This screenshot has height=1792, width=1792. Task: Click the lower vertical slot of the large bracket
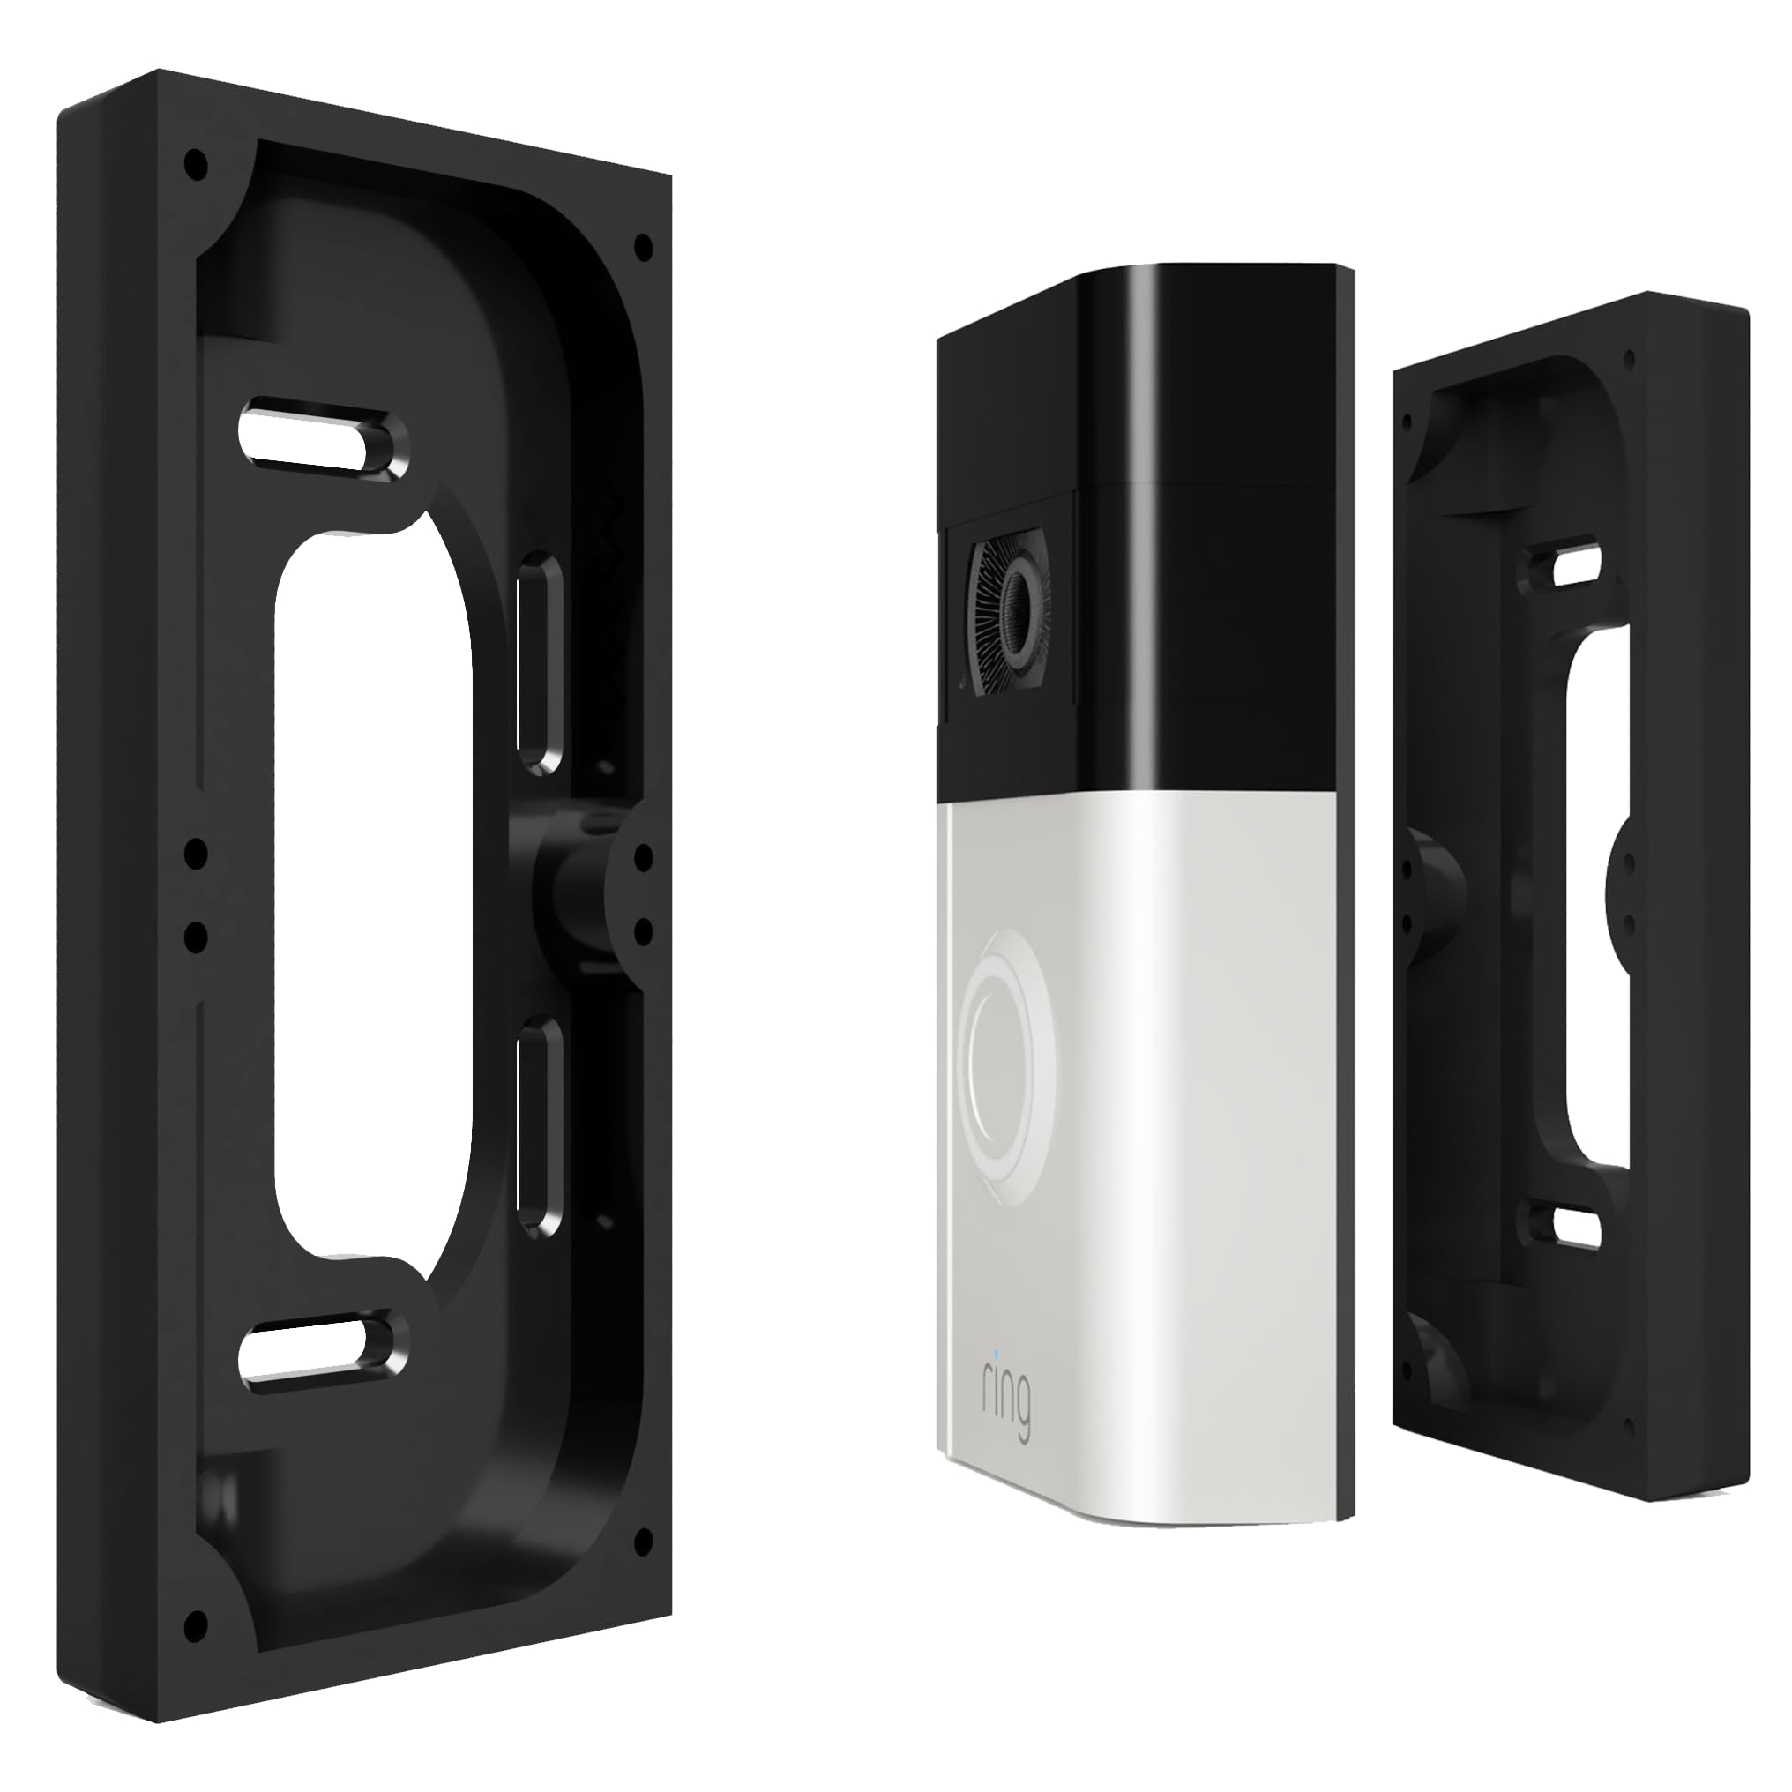pos(536,1127)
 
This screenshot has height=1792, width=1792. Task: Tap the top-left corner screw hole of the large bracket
pos(194,165)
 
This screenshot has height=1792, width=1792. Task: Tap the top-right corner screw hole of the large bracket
pos(642,247)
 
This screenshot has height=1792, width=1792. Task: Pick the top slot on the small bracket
pos(1577,568)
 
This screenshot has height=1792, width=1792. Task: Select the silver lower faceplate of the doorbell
pos(1160,1206)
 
